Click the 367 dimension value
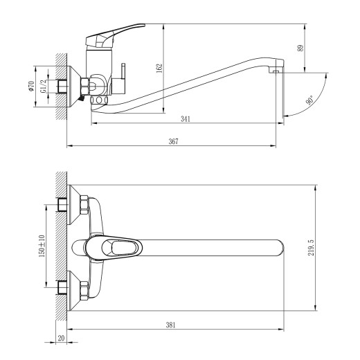click(x=173, y=141)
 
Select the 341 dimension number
click(x=186, y=119)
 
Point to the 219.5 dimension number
click(x=321, y=247)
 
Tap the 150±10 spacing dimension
click(x=43, y=245)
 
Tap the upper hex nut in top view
click(x=84, y=204)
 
